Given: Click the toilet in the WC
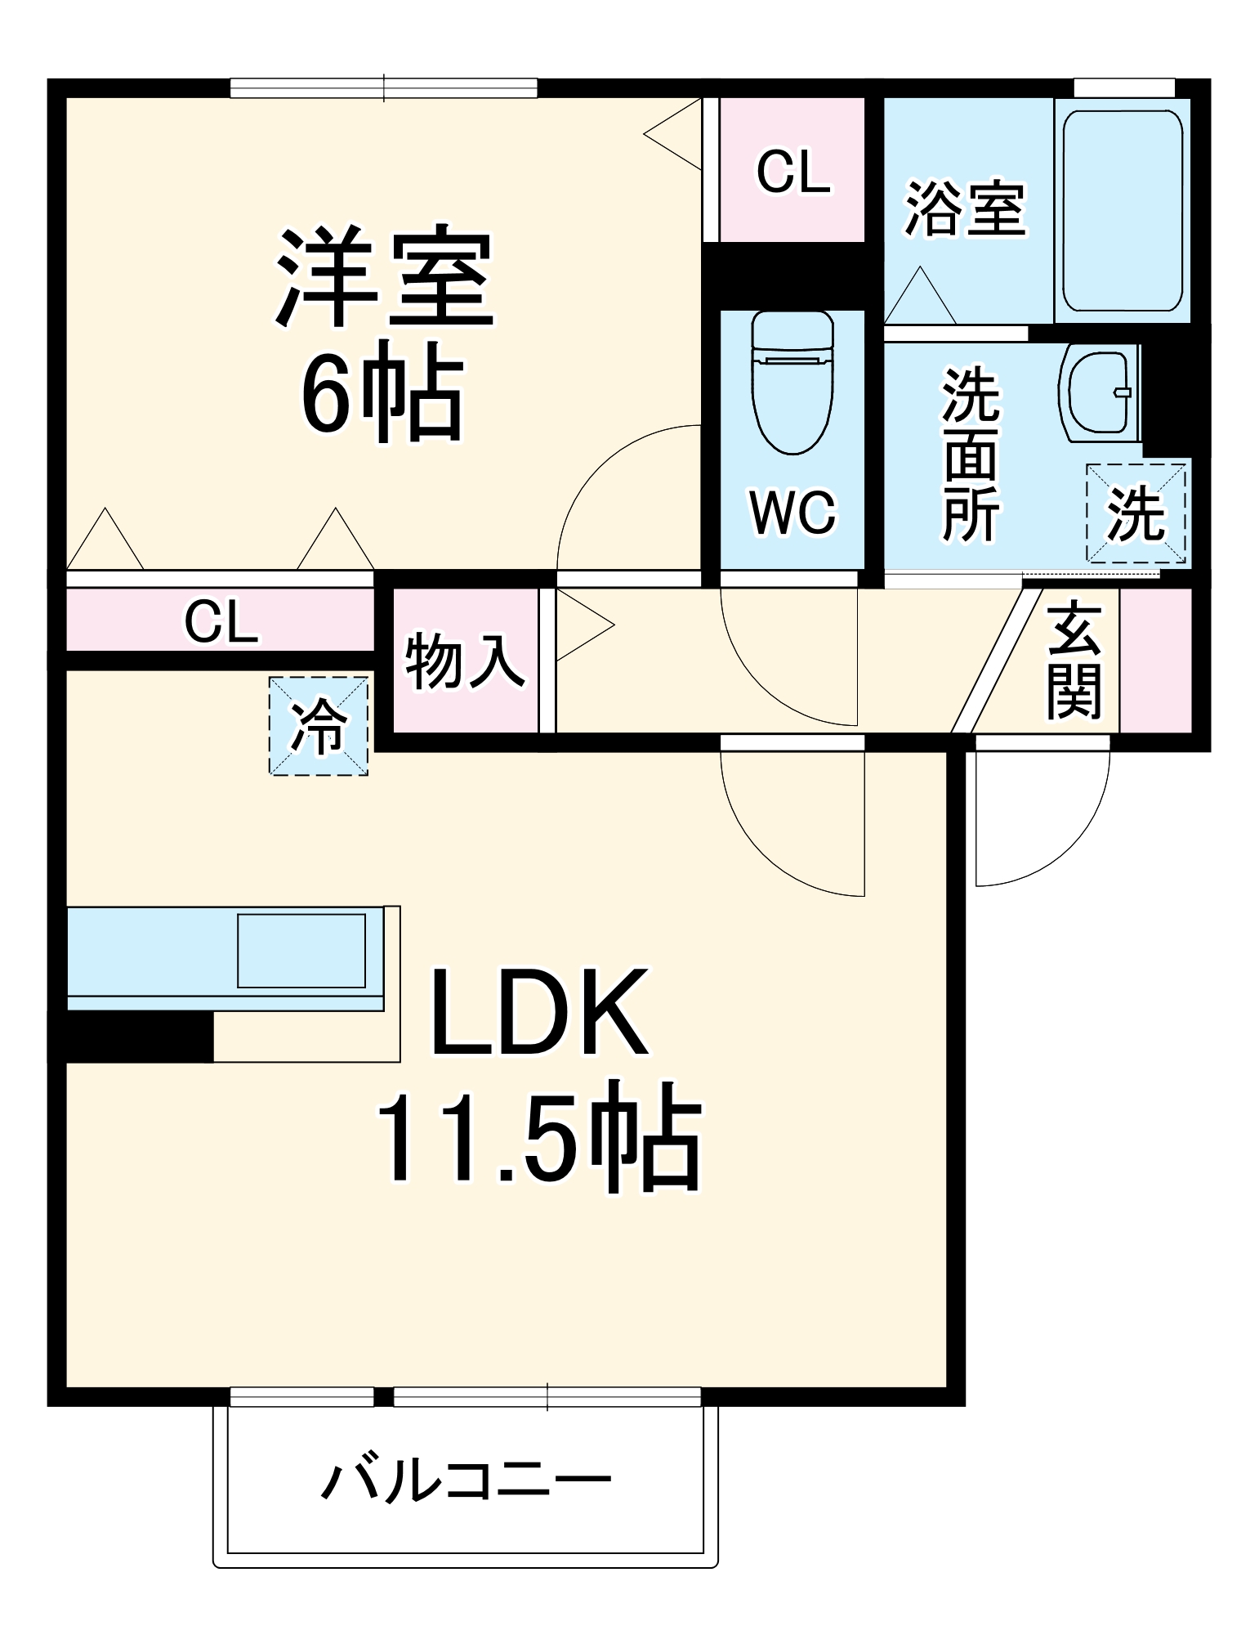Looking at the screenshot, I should coord(792,384).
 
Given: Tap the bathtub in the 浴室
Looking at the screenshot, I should coord(1122,210).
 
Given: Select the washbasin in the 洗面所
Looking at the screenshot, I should coord(1098,392).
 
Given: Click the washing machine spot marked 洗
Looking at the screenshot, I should coord(1135,513).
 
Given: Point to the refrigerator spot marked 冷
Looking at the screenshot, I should coord(319,725).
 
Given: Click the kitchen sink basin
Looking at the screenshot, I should coord(301,950).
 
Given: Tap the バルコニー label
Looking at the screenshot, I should coord(466,1480).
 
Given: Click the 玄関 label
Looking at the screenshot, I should coord(1074,661).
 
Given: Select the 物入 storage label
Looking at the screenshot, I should coord(464,661).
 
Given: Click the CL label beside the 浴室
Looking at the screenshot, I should coord(792,172).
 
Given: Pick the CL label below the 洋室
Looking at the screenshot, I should coord(221,621).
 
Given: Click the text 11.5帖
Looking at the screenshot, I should coord(538,1138).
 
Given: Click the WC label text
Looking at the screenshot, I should coord(792,513).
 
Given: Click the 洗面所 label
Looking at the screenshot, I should coord(971,455).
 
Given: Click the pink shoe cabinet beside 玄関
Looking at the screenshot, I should coord(1155,661).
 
